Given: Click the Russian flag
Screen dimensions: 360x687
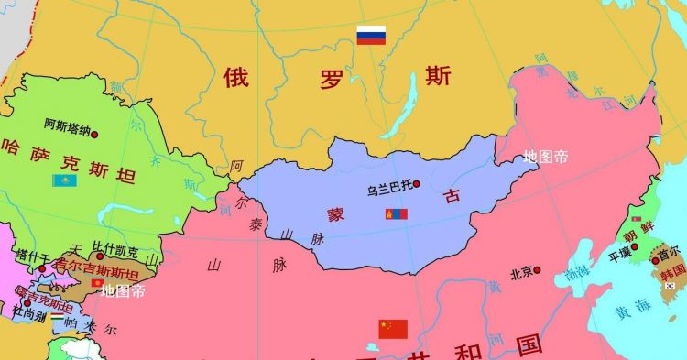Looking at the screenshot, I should pyautogui.click(x=371, y=36).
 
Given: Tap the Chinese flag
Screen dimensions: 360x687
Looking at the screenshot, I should pyautogui.click(x=393, y=328).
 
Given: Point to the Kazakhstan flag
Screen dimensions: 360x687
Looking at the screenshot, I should pyautogui.click(x=64, y=180).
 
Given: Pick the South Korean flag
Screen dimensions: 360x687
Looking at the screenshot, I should pyautogui.click(x=671, y=287).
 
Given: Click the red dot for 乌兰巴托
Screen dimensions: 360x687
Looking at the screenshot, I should pyautogui.click(x=417, y=184).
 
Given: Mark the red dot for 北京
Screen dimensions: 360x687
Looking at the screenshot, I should pyautogui.click(x=537, y=270).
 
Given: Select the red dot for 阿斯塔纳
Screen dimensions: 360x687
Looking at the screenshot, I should pyautogui.click(x=93, y=133).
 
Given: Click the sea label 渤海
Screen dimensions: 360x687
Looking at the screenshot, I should pyautogui.click(x=577, y=273).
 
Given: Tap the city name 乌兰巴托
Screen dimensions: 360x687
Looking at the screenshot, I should pyautogui.click(x=388, y=191).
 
